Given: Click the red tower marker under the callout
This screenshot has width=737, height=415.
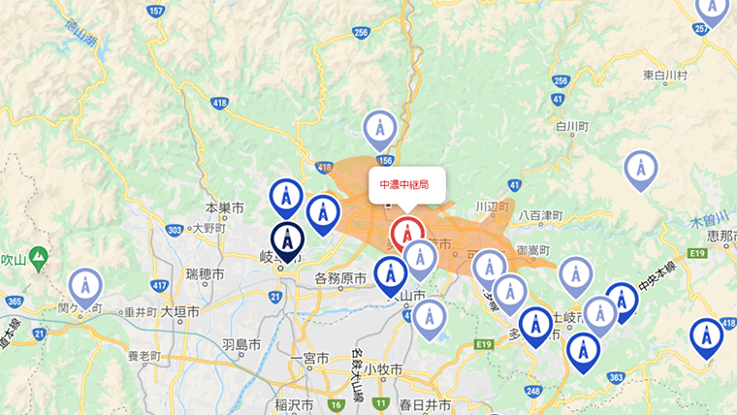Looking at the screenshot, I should click(407, 234).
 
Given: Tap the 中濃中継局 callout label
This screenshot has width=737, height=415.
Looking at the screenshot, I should click(406, 184).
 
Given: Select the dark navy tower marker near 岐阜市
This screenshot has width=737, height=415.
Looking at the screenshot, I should click(287, 238).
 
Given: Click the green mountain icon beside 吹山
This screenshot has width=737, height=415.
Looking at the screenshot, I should click(39, 259).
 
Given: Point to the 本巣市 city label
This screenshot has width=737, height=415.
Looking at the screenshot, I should click(225, 208).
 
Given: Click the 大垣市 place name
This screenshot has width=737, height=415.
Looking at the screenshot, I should click(179, 312).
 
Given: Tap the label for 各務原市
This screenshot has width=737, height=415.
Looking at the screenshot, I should click(339, 279).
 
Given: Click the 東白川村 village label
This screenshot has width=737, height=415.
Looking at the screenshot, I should click(665, 75).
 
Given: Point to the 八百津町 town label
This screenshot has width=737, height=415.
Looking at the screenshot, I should click(541, 214).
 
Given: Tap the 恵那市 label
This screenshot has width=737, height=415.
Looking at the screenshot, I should click(721, 235).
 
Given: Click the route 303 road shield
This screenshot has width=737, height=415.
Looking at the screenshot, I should click(175, 230).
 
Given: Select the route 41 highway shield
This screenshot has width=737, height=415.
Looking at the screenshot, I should click(515, 183).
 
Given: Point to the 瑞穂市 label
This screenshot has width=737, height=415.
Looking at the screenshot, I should click(206, 271).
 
